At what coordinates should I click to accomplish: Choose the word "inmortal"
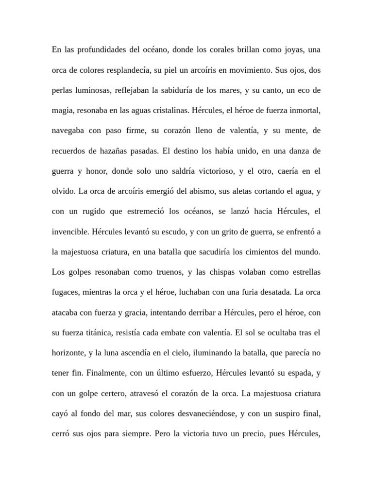(304, 111)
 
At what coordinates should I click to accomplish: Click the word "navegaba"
(68, 131)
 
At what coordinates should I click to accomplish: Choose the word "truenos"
(165, 272)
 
